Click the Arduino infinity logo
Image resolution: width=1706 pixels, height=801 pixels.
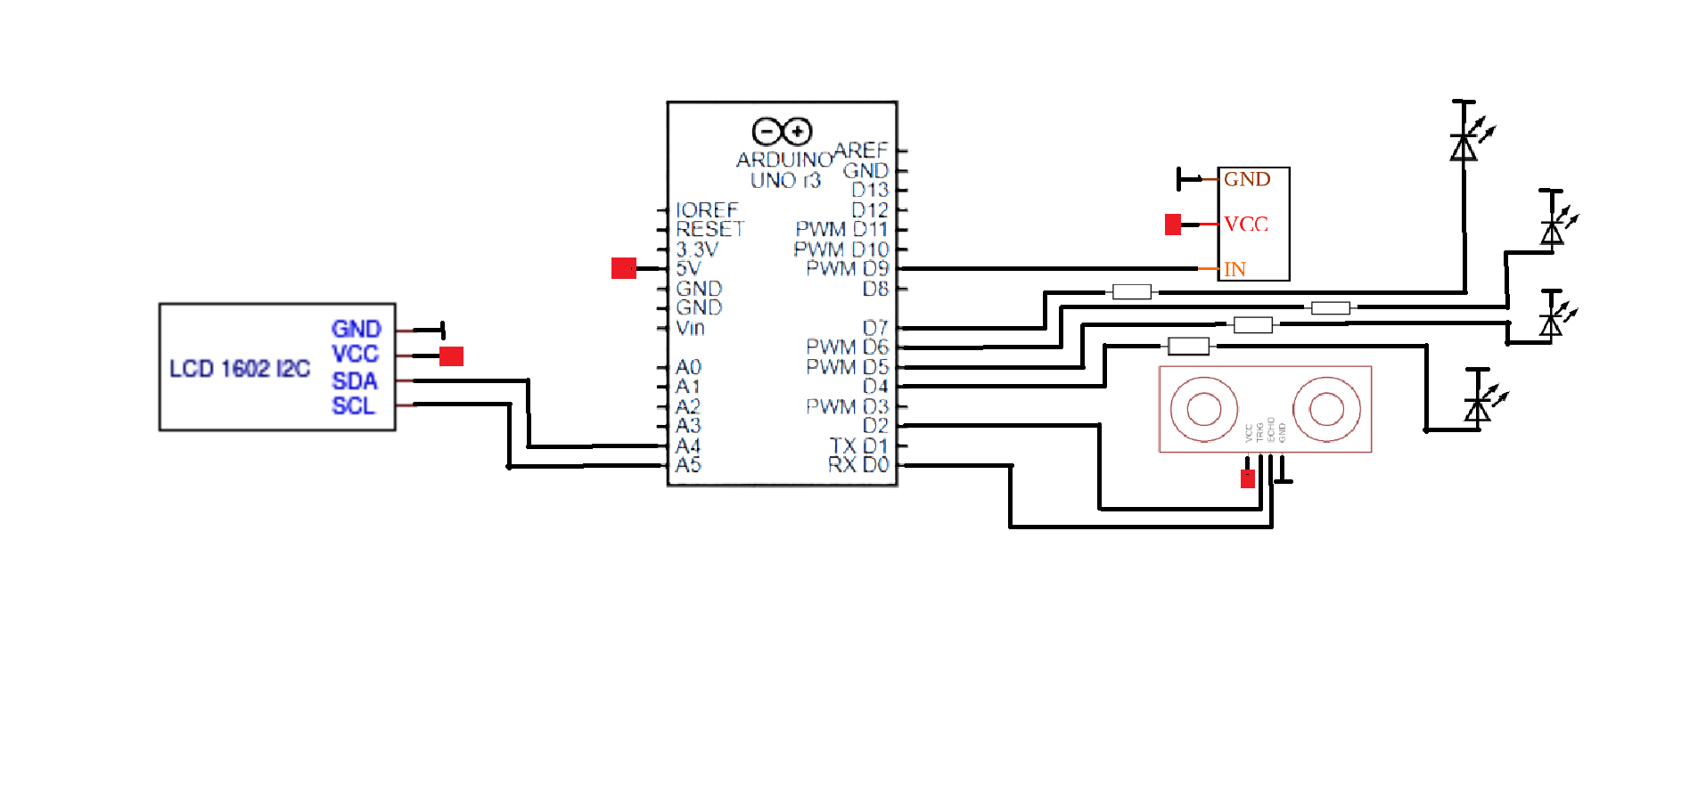[782, 132]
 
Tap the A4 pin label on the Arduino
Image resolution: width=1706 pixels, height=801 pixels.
[688, 445]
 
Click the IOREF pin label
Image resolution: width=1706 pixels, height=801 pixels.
[707, 209]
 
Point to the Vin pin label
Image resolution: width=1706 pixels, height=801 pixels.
[690, 328]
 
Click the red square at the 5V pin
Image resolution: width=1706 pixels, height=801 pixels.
[623, 267]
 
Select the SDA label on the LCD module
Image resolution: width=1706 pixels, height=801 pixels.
[354, 380]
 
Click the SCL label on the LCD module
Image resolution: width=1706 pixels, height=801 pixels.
[353, 405]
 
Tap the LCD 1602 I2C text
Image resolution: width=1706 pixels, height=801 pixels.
[239, 368]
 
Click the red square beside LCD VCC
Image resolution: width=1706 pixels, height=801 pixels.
[451, 356]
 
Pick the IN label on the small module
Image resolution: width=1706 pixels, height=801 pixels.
[1234, 268]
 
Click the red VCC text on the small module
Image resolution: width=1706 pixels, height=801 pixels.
[1245, 224]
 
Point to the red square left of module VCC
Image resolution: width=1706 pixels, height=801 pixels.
[1172, 224]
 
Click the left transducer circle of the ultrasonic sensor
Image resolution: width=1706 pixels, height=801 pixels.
[1204, 409]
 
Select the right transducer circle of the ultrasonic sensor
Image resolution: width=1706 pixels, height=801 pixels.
[1326, 409]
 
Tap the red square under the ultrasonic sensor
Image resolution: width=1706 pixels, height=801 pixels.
[1247, 478]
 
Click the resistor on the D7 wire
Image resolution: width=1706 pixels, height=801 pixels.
[1131, 291]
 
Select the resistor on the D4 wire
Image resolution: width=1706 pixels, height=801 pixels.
[1188, 346]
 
